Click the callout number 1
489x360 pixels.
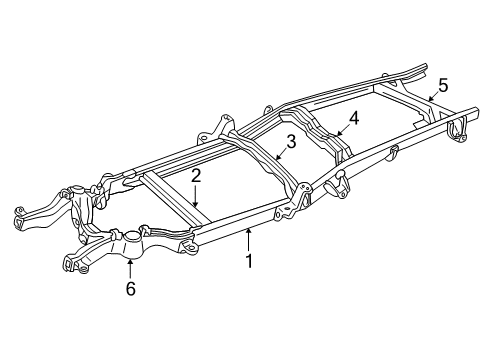250,262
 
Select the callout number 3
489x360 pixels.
291,143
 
